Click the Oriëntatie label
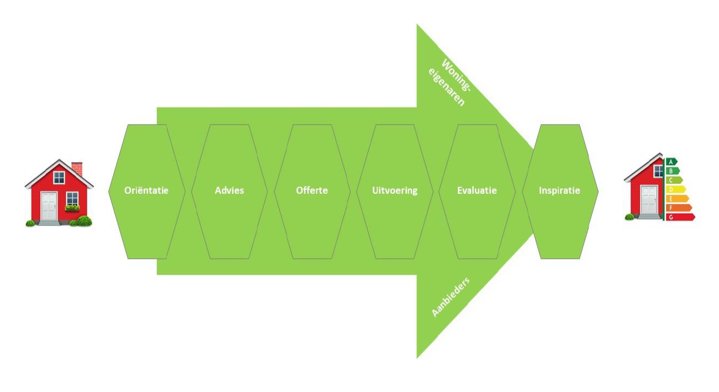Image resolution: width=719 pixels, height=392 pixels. (146, 190)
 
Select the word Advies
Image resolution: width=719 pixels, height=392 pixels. (229, 190)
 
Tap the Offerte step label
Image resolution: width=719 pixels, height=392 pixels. (312, 190)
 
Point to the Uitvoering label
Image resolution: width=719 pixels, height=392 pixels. (395, 190)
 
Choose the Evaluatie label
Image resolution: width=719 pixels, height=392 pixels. (477, 190)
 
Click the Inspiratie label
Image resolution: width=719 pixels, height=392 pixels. (559, 190)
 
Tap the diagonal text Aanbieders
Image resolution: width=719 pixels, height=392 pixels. (451, 296)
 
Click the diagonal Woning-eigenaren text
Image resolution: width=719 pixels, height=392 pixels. (450, 82)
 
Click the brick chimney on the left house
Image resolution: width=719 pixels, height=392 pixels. (77, 169)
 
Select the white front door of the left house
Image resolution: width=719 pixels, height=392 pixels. (49, 206)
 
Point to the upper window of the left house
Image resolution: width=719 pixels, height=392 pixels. (59, 177)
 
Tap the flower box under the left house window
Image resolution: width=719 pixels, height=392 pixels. (72, 208)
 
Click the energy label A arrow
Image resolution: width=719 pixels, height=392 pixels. (671, 162)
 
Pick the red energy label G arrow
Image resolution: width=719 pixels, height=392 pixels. (680, 217)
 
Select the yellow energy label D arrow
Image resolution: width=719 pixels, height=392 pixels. (676, 189)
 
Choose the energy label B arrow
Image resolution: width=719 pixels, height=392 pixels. (673, 171)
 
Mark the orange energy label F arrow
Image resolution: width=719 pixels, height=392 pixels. (679, 208)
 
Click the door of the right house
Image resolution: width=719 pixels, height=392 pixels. (649, 199)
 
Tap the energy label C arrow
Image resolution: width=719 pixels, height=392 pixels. (674, 181)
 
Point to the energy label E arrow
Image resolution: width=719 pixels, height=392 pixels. (677, 199)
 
